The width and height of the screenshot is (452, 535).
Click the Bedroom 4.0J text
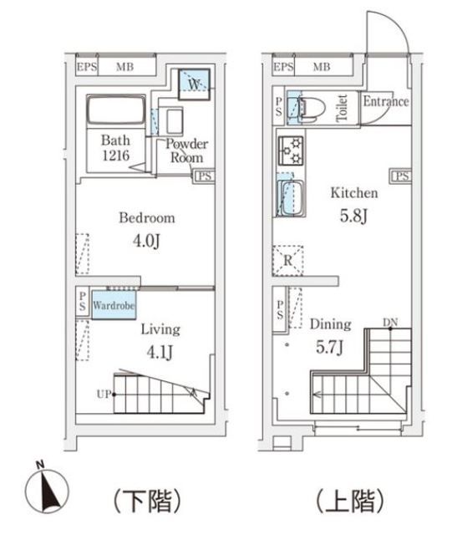tap(146, 229)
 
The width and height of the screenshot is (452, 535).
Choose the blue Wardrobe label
tap(114, 306)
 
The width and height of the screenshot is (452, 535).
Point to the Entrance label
tap(385, 102)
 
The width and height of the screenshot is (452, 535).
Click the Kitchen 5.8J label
tap(353, 202)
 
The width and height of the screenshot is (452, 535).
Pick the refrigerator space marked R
tap(287, 260)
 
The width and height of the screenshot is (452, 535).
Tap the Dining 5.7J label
tap(330, 334)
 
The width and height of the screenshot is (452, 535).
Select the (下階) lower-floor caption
tap(146, 501)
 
